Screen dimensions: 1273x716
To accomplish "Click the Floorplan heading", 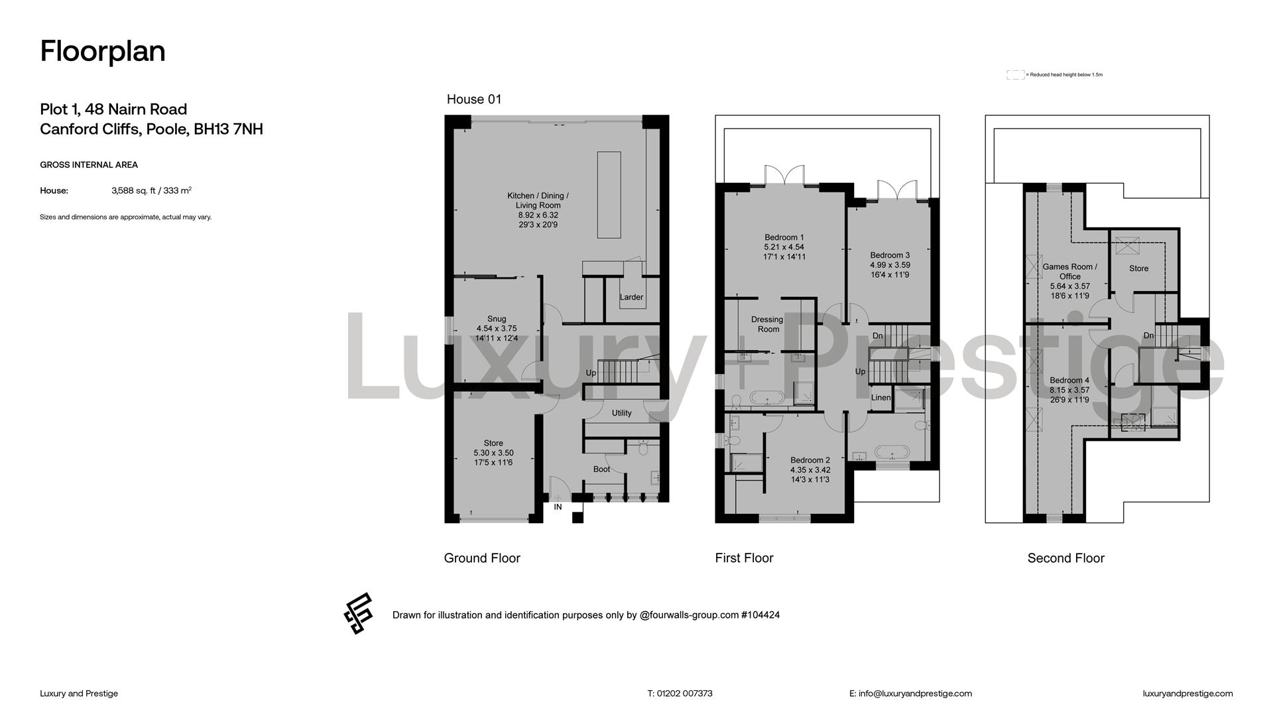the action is (103, 51).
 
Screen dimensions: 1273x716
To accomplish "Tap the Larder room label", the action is (631, 297).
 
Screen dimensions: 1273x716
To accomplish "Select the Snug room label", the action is (497, 319).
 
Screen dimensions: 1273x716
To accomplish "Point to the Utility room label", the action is (622, 413).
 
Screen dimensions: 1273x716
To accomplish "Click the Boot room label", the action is (602, 469).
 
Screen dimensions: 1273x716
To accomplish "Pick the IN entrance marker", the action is (558, 507).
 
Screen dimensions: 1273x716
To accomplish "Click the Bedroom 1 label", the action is (784, 237).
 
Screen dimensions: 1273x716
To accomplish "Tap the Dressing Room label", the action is (767, 324).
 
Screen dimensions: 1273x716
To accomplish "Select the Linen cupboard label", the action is (881, 398).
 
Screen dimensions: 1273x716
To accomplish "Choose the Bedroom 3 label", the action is (890, 255).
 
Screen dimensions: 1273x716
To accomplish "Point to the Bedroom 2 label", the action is (810, 460).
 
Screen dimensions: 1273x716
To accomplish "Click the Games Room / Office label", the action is (1070, 272).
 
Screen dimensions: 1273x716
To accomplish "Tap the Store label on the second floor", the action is (1139, 268).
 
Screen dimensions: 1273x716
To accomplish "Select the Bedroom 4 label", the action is (1069, 381).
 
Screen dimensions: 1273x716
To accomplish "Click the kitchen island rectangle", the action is (609, 195).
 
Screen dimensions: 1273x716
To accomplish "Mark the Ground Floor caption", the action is (482, 558).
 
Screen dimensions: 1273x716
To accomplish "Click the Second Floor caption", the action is (1066, 558).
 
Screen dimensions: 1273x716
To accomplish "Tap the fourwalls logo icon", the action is (358, 613).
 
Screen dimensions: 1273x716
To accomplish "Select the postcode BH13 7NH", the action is (229, 129).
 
